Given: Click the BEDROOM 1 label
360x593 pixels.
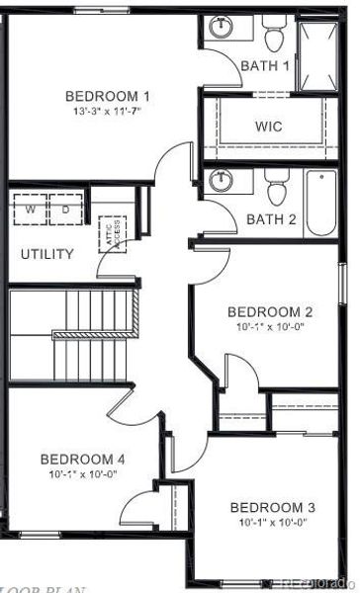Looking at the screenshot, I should pos(108,96).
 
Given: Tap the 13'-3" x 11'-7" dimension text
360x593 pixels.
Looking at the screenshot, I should pos(108,111).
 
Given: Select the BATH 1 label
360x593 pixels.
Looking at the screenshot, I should pos(266,65).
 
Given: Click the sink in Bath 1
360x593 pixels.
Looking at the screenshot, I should pos(219,30).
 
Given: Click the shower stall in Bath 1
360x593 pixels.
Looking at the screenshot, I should pos(318,53).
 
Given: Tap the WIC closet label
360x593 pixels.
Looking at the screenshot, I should pos(269,127).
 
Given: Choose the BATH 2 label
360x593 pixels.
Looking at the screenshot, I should pos(271,218).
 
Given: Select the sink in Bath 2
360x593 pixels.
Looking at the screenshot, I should pos(219,183).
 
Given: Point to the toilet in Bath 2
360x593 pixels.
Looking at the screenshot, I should pos(274,187).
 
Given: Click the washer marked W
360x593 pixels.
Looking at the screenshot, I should pos(30,211).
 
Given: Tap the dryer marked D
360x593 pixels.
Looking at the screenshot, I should pos(65,211).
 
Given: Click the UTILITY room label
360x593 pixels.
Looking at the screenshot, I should pos(47,254).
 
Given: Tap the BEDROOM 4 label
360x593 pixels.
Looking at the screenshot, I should pos(82,459).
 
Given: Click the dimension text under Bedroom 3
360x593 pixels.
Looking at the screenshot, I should pos(272,522).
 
